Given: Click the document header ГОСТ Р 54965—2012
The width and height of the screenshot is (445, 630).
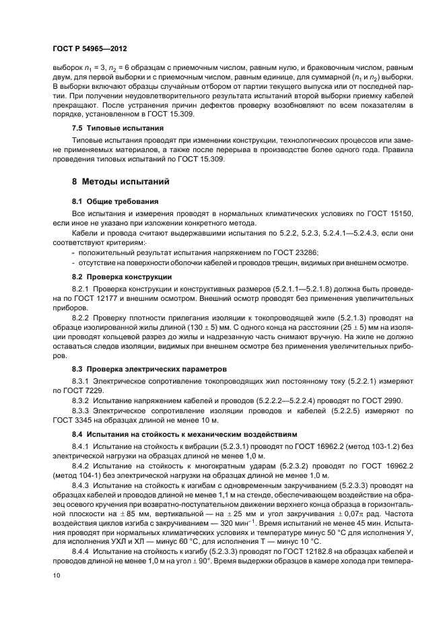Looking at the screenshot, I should coord(90,50).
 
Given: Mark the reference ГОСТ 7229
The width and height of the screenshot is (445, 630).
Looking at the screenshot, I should coord(99,390).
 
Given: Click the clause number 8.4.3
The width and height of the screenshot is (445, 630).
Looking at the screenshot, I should coord(82,484).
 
